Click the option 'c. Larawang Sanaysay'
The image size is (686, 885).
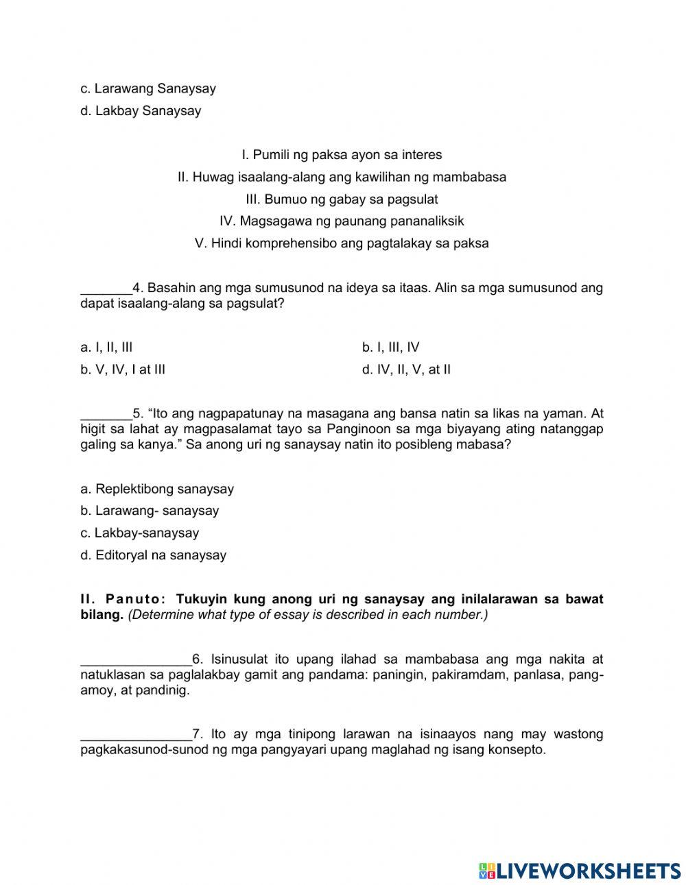148,88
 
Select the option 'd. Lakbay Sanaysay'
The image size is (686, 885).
141,111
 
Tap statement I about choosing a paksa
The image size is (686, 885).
342,155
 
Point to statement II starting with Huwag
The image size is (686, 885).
342,177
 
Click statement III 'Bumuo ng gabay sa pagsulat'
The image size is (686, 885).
342,199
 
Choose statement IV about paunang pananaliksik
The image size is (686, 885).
342,221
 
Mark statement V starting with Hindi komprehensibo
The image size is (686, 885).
342,243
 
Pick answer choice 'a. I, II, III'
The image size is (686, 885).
106,348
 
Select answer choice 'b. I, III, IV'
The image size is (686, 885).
390,348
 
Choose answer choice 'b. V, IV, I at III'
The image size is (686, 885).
123,370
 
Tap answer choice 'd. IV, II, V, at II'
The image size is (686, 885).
406,370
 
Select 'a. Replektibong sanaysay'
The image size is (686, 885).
157,489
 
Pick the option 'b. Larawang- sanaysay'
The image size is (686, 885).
150,511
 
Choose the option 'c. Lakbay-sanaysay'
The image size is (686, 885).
139,533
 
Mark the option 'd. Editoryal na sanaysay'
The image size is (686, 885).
153,556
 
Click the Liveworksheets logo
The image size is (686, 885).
580,871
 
